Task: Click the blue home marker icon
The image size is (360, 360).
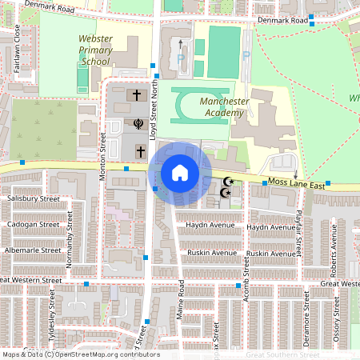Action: (180, 173)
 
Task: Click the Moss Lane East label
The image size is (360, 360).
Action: (296, 185)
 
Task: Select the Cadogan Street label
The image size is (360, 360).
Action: (33, 225)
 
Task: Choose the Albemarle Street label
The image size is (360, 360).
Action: (33, 250)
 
